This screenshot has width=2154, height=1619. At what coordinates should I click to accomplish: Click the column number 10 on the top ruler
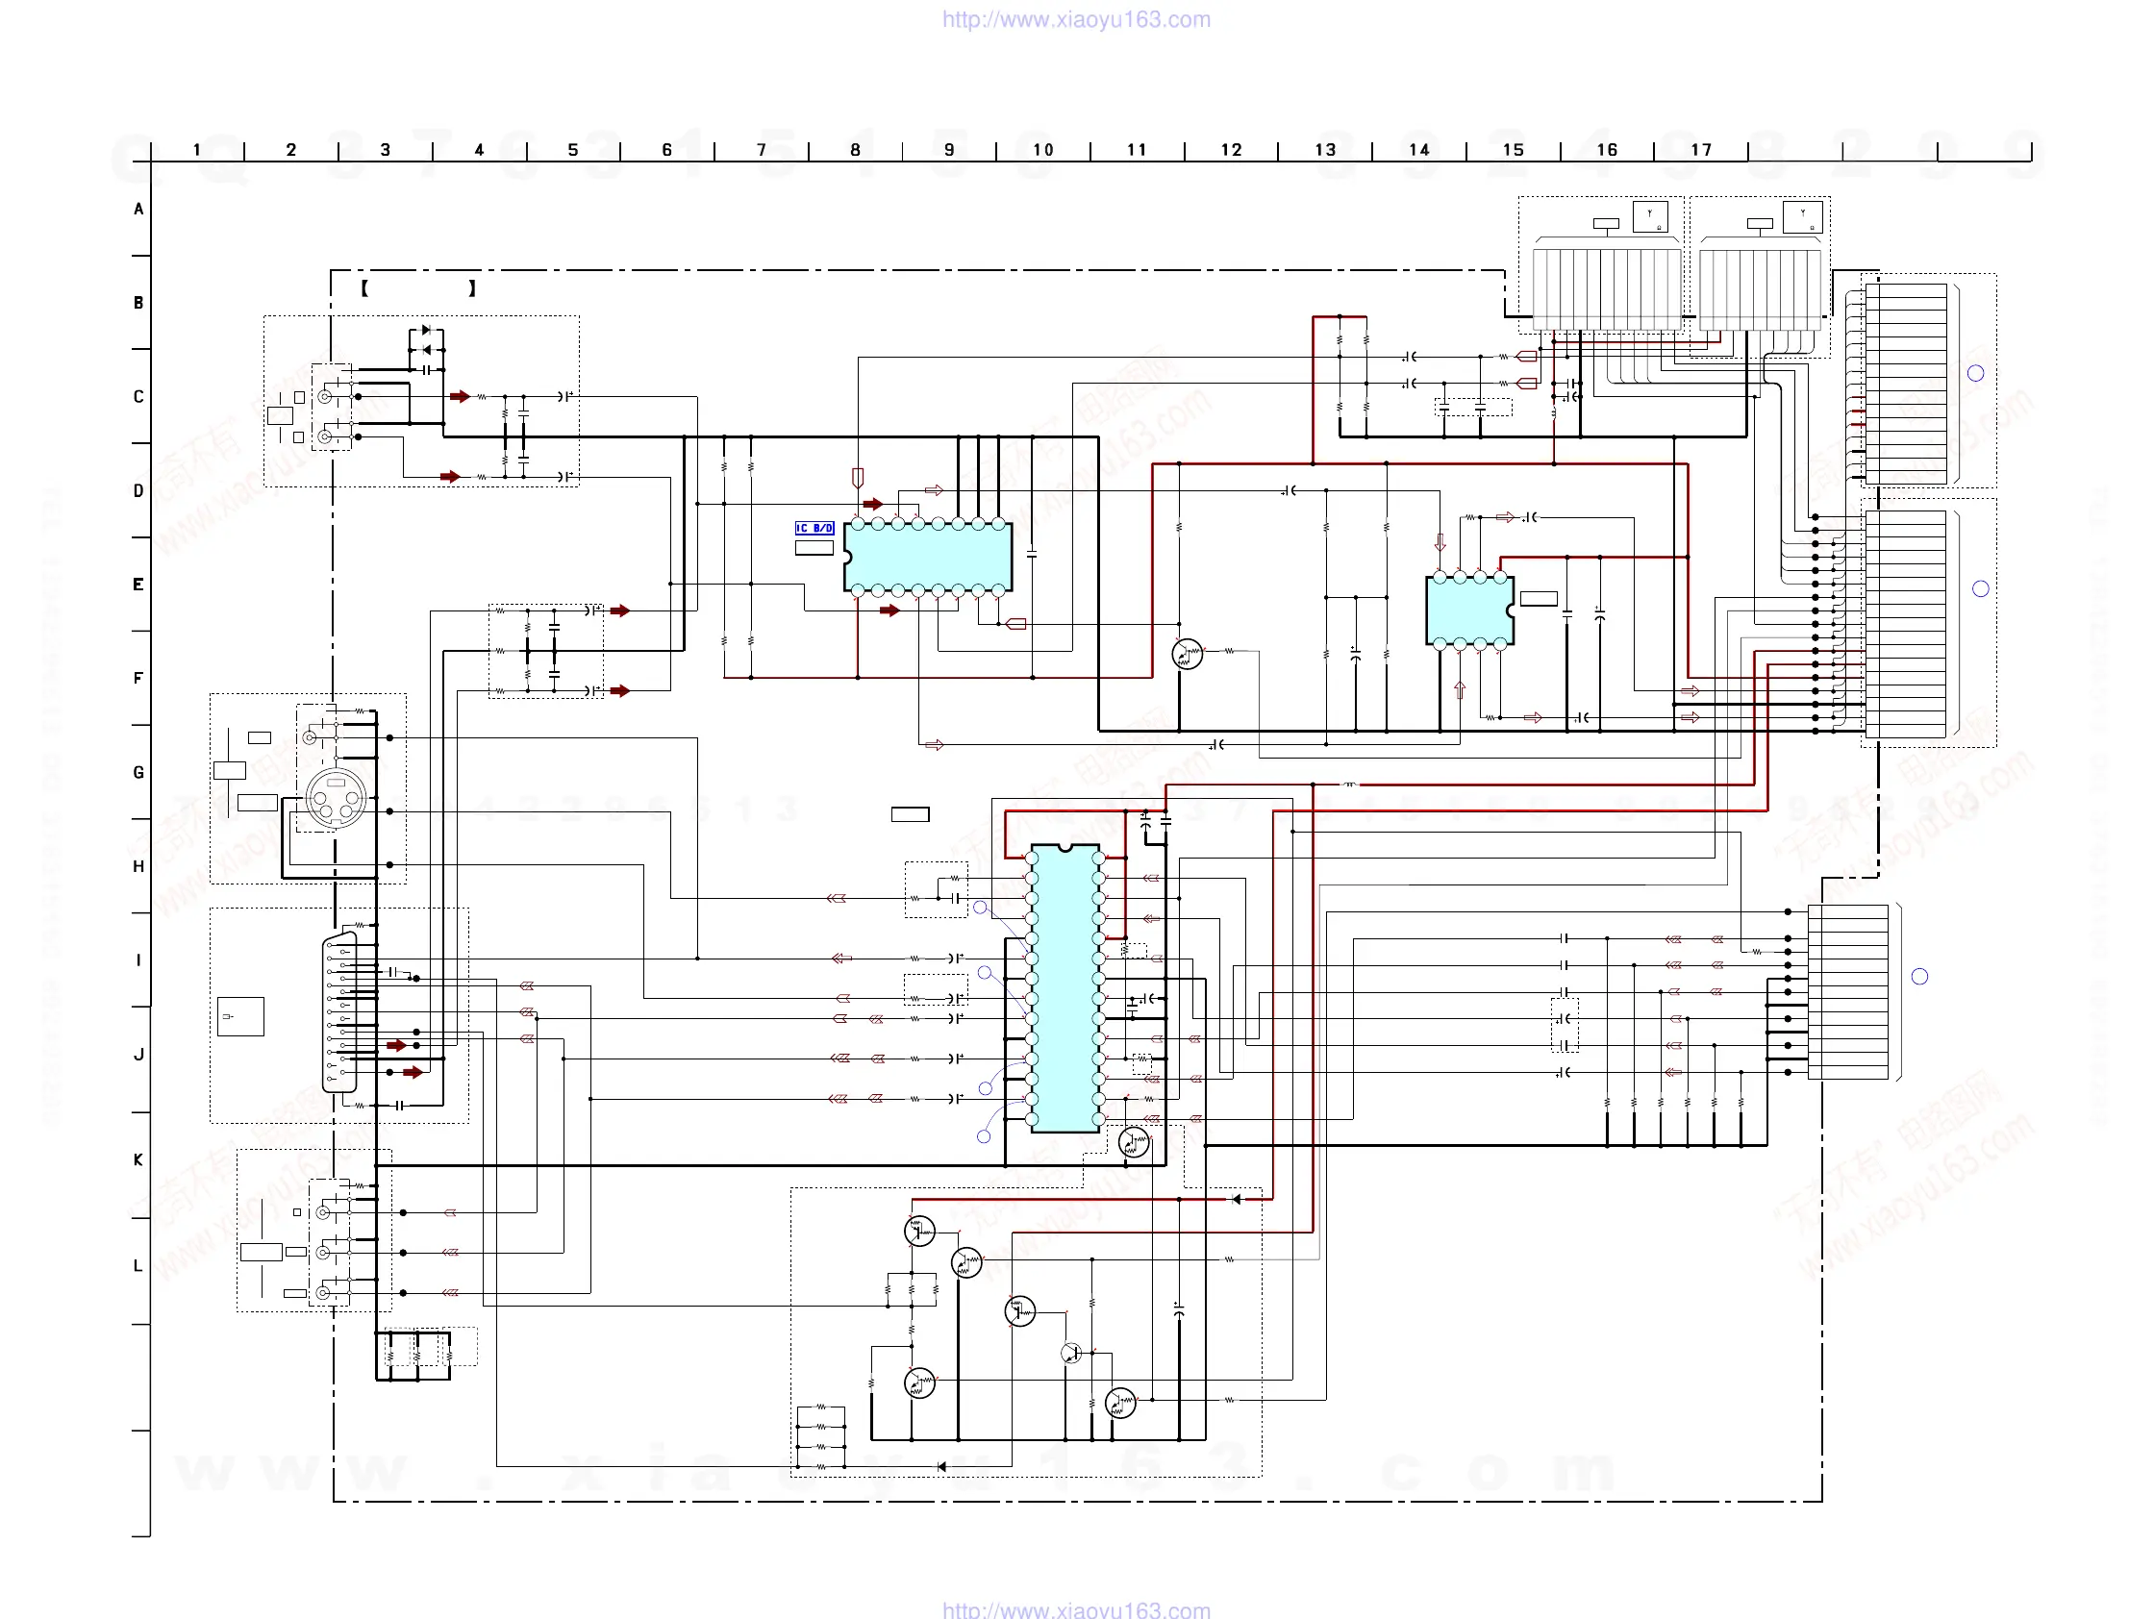coord(1043,150)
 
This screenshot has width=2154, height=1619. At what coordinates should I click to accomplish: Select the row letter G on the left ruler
coord(138,772)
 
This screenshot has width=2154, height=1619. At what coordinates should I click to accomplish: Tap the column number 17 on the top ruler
coord(1700,150)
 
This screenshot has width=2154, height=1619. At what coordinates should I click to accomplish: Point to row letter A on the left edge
coord(138,210)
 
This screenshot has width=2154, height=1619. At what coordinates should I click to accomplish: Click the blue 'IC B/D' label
coord(814,528)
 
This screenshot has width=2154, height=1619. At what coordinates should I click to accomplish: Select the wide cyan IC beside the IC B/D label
coord(928,557)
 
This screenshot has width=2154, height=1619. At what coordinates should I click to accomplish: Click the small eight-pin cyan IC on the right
coord(1469,610)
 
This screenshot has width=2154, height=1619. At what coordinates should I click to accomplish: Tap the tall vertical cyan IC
coord(1065,988)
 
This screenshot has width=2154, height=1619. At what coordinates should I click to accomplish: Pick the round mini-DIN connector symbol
coord(335,798)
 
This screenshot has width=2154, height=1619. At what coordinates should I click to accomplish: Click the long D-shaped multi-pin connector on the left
coord(339,1012)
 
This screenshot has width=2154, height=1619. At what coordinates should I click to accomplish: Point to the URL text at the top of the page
coord(1076,19)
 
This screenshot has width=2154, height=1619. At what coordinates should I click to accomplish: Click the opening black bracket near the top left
coord(364,288)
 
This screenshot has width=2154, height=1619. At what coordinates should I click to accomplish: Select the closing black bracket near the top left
coord(472,288)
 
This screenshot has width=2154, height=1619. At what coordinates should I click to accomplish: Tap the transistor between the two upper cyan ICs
coord(1187,654)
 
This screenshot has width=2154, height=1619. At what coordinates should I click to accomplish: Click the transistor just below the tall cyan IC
coord(1134,1142)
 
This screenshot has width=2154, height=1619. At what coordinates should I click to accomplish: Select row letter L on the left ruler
coord(138,1265)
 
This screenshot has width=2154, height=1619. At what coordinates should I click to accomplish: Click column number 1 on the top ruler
coord(197,150)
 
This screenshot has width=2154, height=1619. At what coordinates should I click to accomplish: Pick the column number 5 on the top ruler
coord(572,150)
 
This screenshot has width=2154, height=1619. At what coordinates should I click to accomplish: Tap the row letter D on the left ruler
coord(138,490)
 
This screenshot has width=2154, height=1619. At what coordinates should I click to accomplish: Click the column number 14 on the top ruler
coord(1418,150)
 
